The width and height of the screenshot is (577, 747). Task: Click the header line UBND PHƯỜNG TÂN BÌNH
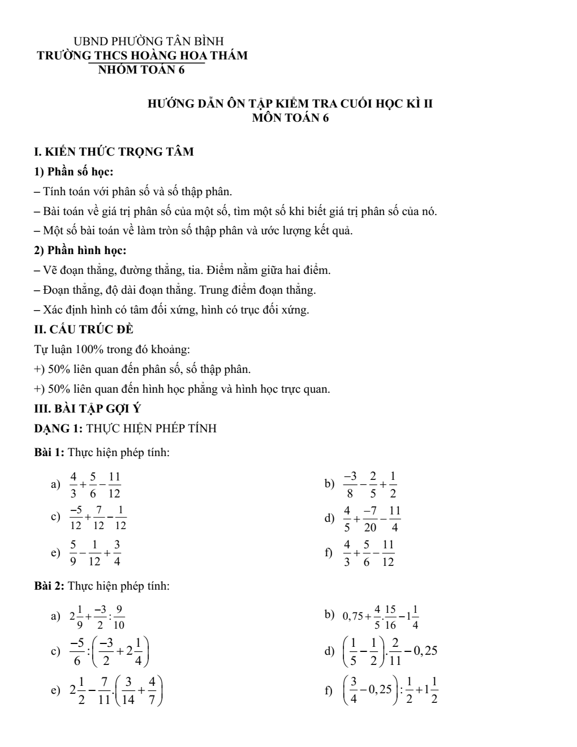pos(149,41)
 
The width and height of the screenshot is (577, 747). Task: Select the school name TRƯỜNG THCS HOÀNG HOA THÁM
pos(142,56)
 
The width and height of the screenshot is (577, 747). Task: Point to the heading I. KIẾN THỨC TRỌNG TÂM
pos(114,152)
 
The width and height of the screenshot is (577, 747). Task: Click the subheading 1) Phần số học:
pos(74,172)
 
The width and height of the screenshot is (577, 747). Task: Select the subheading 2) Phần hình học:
pos(80,250)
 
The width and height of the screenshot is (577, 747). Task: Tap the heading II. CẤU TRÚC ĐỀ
pos(84,329)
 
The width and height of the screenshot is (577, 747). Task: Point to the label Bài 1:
pos(50,453)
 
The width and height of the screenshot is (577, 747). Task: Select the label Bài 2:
pos(50,586)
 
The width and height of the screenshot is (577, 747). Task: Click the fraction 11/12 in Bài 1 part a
pos(114,484)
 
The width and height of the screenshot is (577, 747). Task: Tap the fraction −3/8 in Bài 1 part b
pos(351,484)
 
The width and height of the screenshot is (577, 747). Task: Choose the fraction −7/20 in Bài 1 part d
pos(371,519)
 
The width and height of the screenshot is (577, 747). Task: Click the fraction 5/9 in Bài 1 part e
pos(73,553)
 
